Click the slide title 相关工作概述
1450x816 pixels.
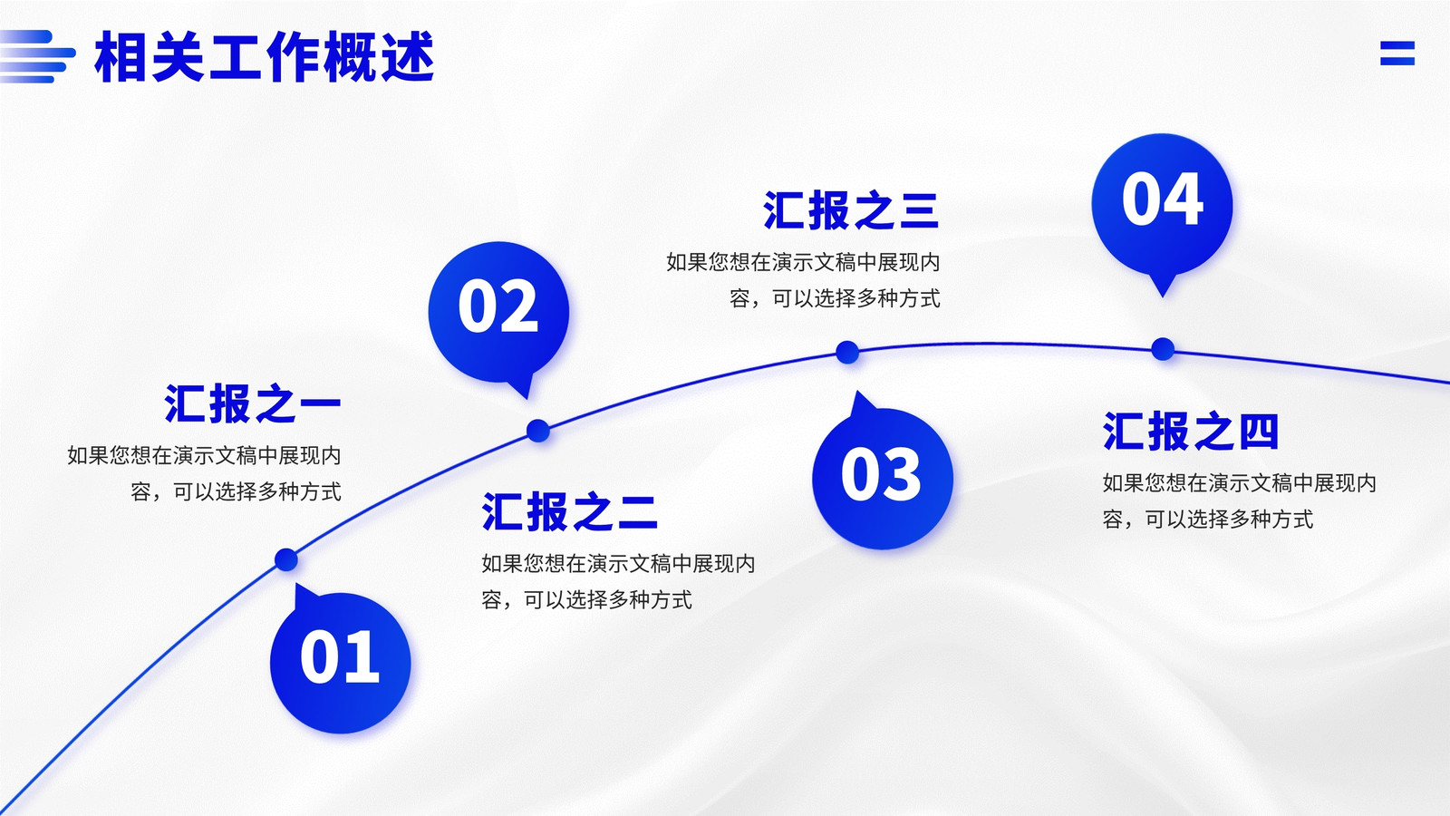point(264,57)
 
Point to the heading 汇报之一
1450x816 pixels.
point(253,403)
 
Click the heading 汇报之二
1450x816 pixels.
point(570,511)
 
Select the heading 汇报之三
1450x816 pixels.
point(851,210)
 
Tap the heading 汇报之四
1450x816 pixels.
point(1191,431)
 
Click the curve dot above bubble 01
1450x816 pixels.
point(286,559)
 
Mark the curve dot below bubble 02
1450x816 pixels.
point(538,431)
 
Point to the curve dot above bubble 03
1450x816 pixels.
point(847,353)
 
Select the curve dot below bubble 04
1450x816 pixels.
point(1163,349)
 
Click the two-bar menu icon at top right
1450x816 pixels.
point(1397,53)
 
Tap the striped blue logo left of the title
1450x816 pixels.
point(37,56)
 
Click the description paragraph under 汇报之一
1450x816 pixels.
point(204,473)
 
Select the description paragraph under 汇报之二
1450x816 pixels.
point(618,581)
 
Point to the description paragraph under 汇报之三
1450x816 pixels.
point(803,280)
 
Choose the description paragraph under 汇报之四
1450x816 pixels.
point(1240,500)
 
